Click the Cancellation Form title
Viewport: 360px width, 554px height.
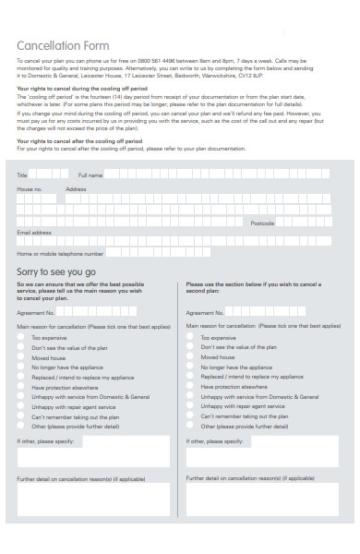64,45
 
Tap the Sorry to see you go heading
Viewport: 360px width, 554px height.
56,271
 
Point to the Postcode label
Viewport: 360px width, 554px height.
262,223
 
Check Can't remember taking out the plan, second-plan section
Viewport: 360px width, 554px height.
190,416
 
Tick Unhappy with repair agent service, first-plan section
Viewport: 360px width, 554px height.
21,407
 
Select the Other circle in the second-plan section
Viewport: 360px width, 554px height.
190,427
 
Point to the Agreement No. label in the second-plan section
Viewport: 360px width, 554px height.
202,314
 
